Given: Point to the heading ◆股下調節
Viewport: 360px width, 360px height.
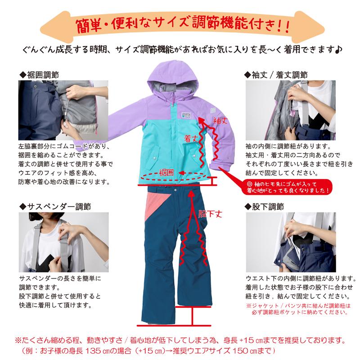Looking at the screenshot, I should click(264, 207).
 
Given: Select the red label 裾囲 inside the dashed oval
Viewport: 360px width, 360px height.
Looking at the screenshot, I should click(166, 173).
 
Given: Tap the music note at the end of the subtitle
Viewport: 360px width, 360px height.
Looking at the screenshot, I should click(338, 48).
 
